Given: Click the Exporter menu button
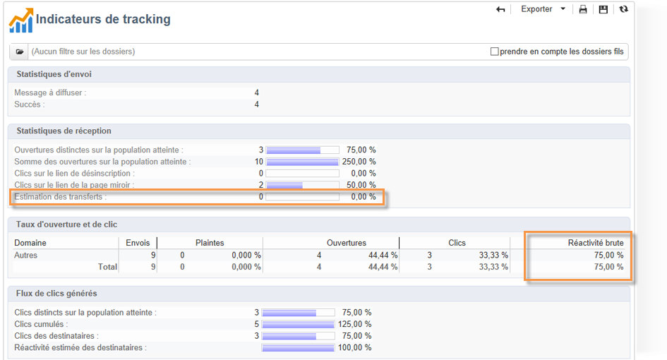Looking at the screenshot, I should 543,9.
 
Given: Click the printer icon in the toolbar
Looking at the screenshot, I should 583,10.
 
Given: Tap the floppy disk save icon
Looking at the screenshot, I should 603,10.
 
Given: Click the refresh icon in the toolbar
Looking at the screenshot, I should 623,9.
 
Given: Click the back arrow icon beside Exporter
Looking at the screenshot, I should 501,9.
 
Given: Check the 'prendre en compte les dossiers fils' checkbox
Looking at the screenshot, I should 495,52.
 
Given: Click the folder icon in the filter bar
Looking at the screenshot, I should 20,52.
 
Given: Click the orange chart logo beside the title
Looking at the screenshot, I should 21,20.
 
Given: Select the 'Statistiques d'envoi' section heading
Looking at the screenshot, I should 54,74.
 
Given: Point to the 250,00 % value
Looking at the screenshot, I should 359,162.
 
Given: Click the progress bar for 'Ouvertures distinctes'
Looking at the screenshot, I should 302,150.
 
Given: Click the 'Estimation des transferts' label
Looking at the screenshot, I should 61,196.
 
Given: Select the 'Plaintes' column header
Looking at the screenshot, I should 210,243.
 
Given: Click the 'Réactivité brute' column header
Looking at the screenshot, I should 596,243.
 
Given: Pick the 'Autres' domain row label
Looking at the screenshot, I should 26,255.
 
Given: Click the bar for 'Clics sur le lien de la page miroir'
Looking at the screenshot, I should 302,185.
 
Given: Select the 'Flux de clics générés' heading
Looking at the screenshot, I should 56,293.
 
